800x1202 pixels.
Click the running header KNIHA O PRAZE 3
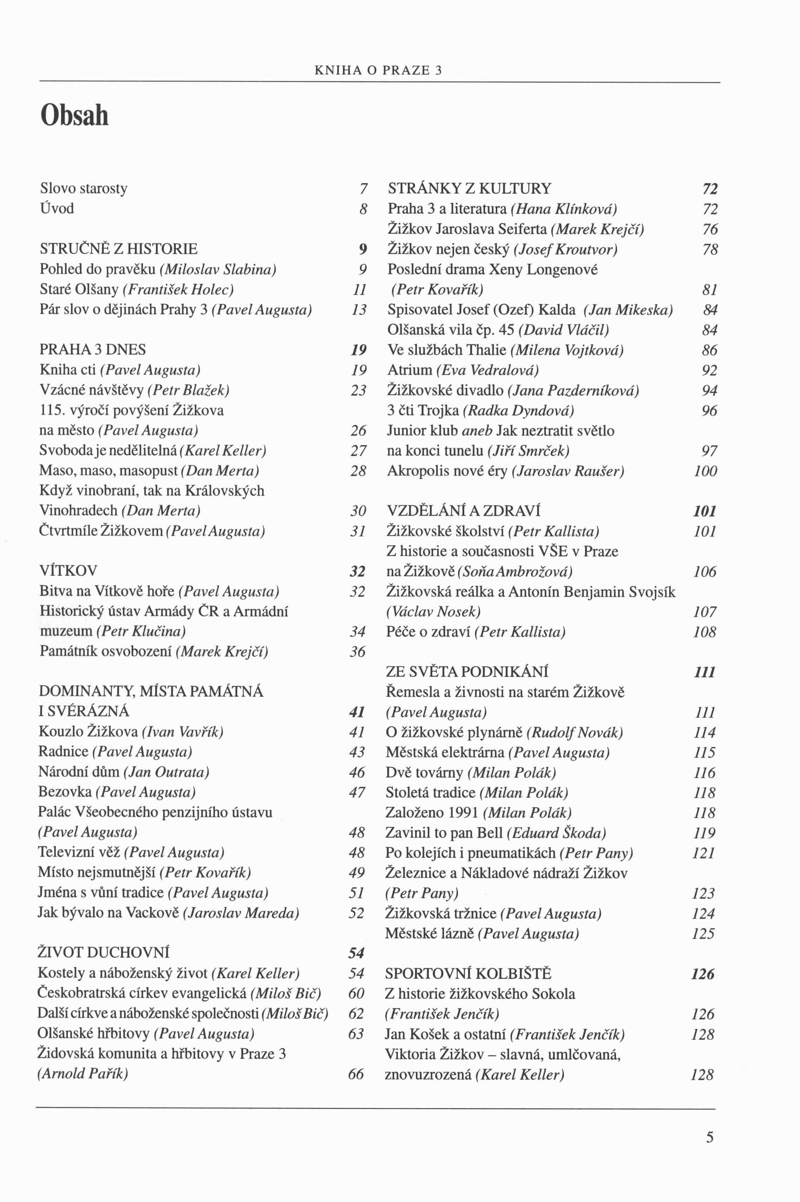click(378, 70)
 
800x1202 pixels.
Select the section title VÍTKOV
click(68, 571)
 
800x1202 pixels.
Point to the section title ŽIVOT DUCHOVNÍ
click(104, 953)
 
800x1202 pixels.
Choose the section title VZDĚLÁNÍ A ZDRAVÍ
click(463, 511)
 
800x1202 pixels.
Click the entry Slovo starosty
click(84, 188)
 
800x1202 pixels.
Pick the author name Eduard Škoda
click(557, 833)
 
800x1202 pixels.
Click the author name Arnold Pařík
click(83, 1073)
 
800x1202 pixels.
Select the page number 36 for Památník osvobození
click(358, 652)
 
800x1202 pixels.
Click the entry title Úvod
click(57, 208)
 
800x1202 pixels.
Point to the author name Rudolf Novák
click(575, 733)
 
